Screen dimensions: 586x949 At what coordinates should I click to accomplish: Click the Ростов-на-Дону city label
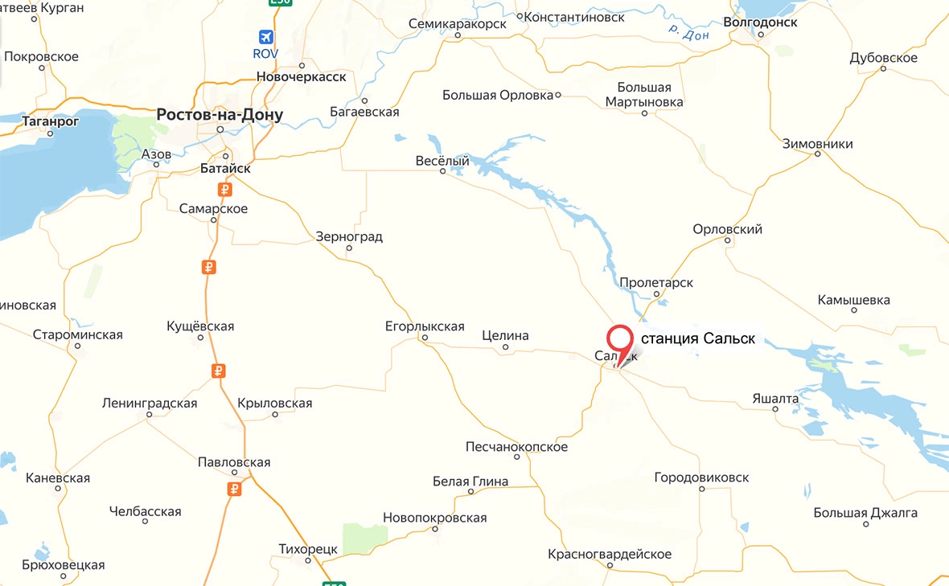click(220, 115)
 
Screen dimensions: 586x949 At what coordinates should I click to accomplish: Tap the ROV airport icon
click(265, 37)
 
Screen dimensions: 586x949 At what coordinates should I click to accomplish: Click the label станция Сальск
click(698, 338)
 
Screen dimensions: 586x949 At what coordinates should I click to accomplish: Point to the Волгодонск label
click(760, 23)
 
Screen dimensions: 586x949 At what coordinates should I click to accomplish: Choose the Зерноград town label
click(349, 237)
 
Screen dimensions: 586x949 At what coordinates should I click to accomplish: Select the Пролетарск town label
click(656, 283)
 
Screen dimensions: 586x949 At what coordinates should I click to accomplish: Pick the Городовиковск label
click(701, 477)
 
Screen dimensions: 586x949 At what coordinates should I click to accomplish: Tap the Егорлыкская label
click(425, 326)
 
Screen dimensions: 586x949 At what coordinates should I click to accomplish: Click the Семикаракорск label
click(458, 24)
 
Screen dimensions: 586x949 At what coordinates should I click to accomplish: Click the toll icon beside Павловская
click(234, 488)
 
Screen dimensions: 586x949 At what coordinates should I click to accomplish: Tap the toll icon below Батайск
click(225, 190)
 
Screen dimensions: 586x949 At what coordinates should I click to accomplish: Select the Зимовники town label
click(818, 145)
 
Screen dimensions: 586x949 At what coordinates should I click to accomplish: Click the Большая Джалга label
click(865, 513)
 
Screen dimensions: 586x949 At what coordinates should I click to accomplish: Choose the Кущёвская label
click(200, 326)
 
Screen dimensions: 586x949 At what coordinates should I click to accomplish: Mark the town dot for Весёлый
click(442, 171)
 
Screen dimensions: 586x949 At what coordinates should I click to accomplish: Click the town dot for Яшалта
click(775, 408)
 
